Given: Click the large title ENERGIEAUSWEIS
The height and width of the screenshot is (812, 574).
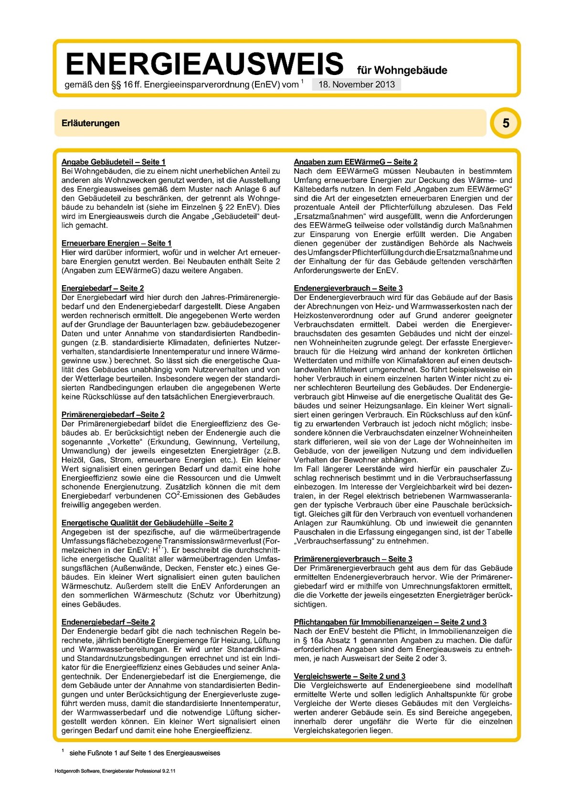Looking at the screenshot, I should [x=204, y=64].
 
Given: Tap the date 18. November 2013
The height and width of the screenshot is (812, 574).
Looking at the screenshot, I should [x=356, y=85].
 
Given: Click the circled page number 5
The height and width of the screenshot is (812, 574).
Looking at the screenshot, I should [x=505, y=123].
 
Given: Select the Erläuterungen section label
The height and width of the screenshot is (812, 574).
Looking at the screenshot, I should [x=90, y=123].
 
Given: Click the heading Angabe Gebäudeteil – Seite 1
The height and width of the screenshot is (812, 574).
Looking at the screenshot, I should [x=114, y=162].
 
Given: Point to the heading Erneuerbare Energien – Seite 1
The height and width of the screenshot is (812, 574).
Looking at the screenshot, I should [x=117, y=243].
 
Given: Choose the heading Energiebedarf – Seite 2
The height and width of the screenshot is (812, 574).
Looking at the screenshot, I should [x=103, y=288].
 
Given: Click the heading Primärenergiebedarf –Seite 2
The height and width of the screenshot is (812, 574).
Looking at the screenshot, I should [x=113, y=415].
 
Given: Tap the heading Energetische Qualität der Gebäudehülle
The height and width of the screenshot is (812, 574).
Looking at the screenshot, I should [x=147, y=523].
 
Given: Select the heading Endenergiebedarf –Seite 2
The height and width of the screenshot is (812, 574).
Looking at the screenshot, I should [x=108, y=622].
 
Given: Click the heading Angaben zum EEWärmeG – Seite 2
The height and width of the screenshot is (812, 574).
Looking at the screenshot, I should [x=356, y=162].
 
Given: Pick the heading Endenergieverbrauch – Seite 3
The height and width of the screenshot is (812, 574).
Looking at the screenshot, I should [x=348, y=288].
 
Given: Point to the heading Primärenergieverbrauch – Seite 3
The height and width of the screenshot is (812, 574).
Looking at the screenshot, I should [x=353, y=559].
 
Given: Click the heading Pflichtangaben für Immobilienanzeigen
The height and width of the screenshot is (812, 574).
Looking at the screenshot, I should [x=390, y=622].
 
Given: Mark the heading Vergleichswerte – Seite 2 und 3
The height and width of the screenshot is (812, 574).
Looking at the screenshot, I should [x=350, y=676].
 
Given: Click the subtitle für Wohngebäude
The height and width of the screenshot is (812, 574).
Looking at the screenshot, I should [x=402, y=71].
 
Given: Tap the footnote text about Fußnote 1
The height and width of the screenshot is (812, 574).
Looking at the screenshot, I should [x=145, y=753].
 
